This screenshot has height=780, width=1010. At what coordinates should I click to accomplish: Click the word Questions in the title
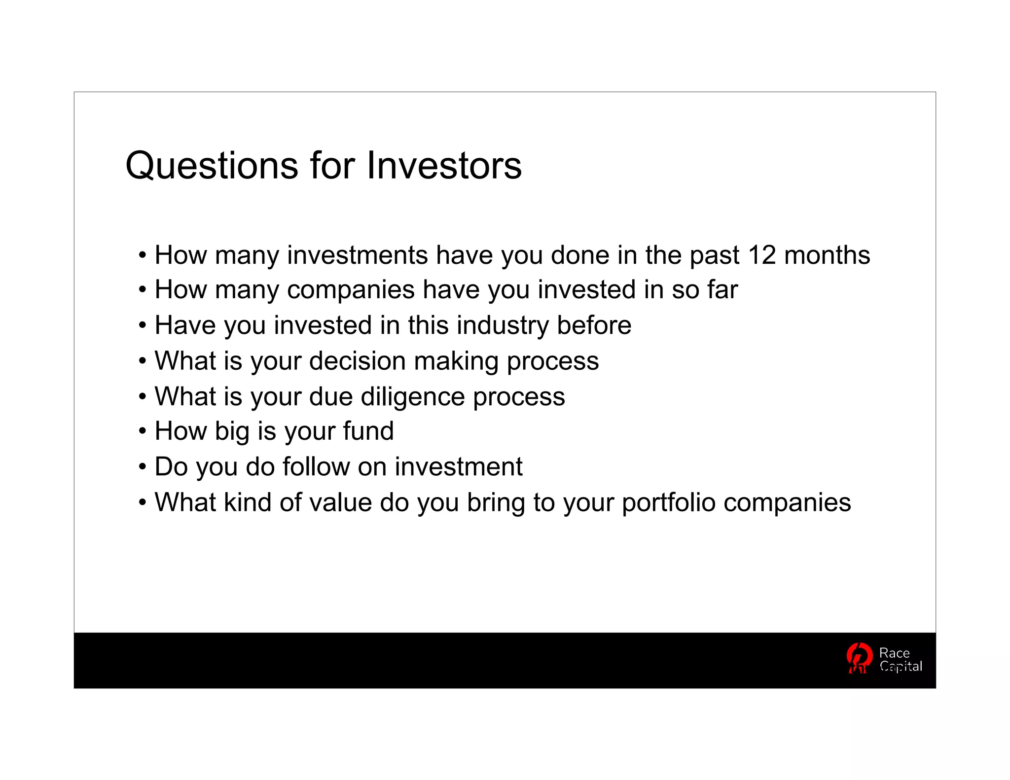pyautogui.click(x=212, y=166)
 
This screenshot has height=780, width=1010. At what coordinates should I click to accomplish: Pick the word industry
pyautogui.click(x=503, y=325)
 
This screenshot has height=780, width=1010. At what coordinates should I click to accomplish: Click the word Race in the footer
pyautogui.click(x=894, y=653)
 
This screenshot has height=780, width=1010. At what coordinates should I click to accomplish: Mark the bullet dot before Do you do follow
pyautogui.click(x=143, y=466)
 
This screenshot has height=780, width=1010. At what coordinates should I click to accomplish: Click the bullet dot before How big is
pyautogui.click(x=143, y=431)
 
